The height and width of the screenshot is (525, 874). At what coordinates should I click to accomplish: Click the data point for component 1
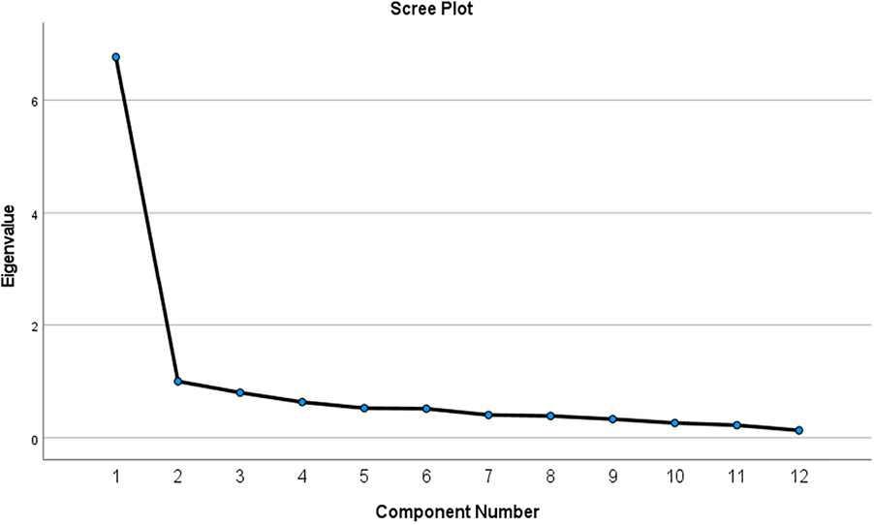(x=116, y=57)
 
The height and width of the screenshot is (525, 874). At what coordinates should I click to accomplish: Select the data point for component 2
(x=178, y=382)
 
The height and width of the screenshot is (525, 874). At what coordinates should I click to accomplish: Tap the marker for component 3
(x=240, y=392)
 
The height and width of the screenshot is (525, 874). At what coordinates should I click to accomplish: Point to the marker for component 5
(x=364, y=408)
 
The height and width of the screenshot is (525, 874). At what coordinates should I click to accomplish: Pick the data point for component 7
(x=488, y=415)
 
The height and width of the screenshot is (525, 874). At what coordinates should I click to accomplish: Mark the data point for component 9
(x=612, y=419)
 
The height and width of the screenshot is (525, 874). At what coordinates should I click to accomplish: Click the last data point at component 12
(x=798, y=430)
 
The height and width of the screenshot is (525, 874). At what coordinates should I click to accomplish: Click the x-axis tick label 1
(x=116, y=477)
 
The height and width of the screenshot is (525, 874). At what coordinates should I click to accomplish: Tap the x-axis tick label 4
(x=302, y=477)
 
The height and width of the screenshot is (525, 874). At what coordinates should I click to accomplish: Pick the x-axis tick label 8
(x=550, y=477)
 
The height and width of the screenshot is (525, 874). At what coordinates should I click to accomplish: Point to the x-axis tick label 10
(x=674, y=477)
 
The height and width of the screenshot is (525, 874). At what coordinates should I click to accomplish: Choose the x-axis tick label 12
(x=798, y=477)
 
